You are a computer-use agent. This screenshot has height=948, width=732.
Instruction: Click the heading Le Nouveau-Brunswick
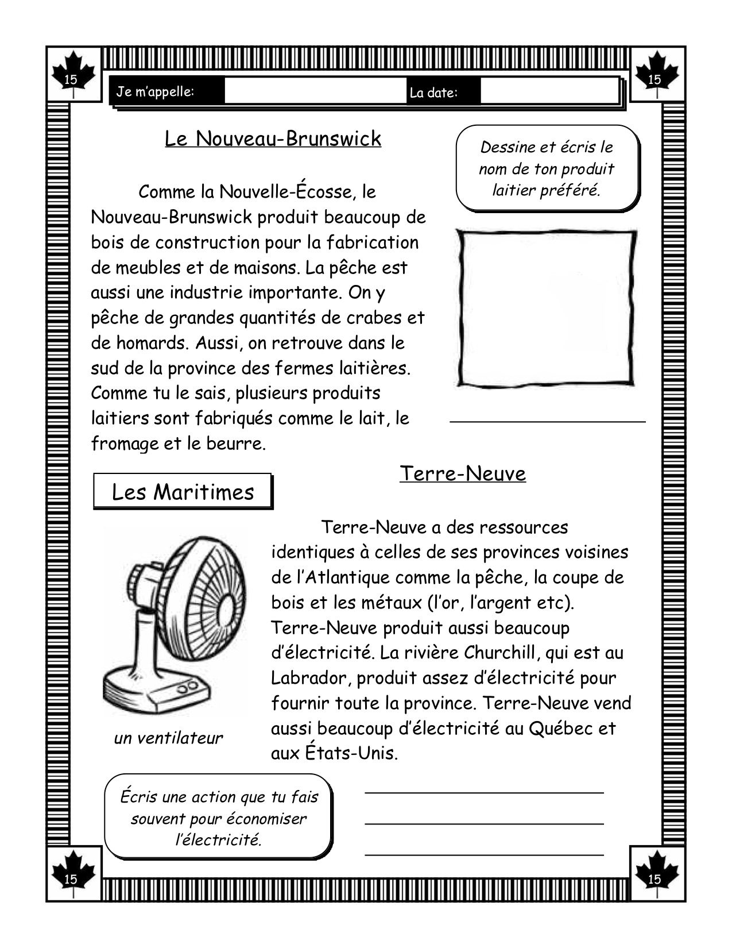click(273, 139)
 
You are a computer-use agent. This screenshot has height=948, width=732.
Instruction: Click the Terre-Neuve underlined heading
click(462, 474)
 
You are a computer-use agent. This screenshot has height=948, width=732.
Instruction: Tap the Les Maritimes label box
click(183, 492)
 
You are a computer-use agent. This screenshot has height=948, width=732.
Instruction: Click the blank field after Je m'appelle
click(315, 91)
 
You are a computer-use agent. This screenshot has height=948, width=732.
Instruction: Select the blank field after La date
click(548, 91)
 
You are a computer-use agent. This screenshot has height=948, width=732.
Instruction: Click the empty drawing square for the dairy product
click(546, 308)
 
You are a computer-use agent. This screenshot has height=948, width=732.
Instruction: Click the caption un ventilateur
click(168, 738)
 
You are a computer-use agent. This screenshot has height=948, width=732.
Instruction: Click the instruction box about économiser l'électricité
click(219, 818)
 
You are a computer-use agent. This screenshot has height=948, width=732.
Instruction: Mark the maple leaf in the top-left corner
click(72, 74)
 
